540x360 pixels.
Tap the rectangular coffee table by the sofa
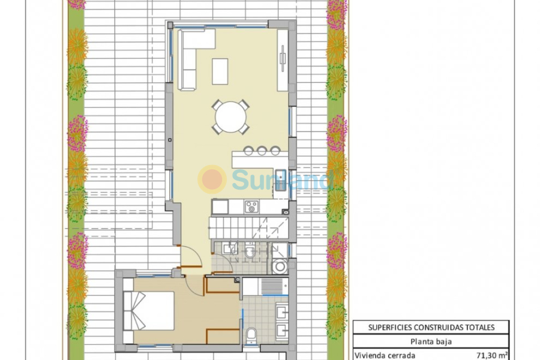220,71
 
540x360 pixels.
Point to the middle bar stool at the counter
262,151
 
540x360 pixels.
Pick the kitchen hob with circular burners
251,207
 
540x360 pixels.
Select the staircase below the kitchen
240,228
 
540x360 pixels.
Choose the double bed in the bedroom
149,310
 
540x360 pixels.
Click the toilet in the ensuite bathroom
252,334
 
